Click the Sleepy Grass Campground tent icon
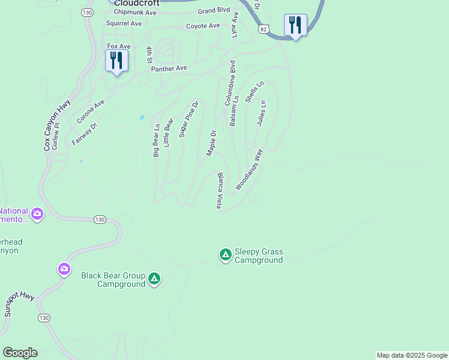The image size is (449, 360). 225,255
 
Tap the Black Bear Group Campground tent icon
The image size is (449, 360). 154,278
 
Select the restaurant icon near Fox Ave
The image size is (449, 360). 116,60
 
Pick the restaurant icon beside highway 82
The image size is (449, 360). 295,25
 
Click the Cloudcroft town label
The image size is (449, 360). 137,2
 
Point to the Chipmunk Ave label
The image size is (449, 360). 135,12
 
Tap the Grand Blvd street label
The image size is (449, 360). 214,11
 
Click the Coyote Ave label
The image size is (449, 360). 203,26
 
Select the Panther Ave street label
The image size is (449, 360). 169,68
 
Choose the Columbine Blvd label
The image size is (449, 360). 229,83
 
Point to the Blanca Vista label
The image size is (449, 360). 220,191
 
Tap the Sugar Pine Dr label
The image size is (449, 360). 188,119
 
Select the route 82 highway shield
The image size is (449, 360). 264,28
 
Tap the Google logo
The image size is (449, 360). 20,353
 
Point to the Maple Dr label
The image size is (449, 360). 211,143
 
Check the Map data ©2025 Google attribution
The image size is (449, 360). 412,355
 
